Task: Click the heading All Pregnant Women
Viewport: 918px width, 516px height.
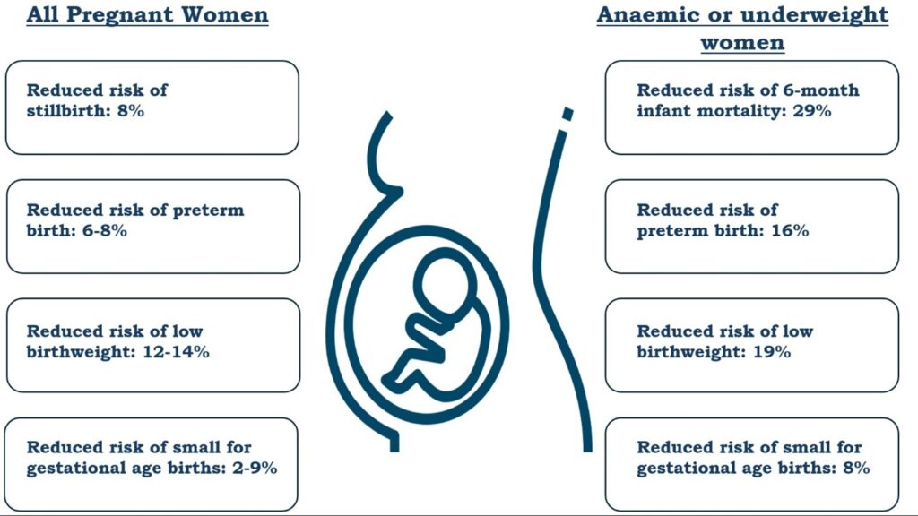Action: click(x=147, y=15)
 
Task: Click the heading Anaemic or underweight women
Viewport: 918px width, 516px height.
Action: click(x=742, y=28)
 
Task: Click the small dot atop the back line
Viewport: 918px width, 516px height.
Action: click(x=566, y=114)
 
